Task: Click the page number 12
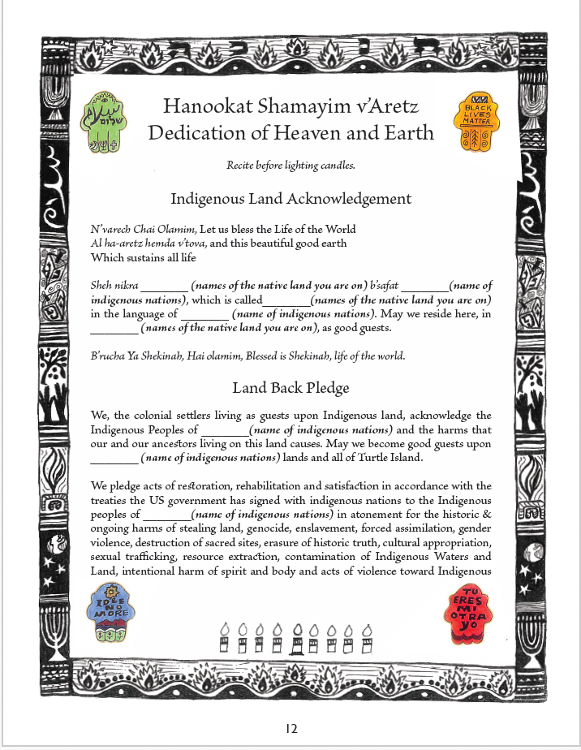291,728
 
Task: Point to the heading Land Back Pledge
290,387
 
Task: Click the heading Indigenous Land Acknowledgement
290,199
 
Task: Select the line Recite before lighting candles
290,166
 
